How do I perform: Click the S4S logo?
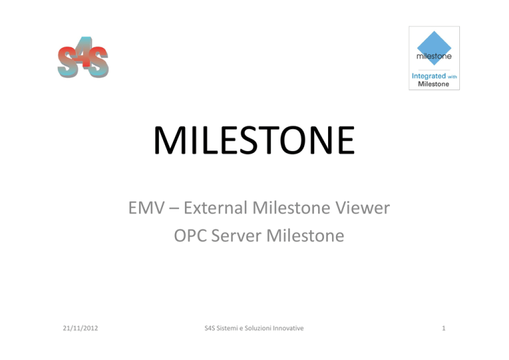tap(83, 58)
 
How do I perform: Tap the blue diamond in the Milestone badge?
tap(434, 48)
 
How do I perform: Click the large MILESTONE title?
tap(254, 141)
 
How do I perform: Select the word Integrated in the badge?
tap(429, 76)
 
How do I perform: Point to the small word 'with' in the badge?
tap(452, 77)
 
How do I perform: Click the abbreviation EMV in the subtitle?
tap(146, 208)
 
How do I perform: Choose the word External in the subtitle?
tap(215, 208)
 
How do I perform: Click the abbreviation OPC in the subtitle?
tap(190, 235)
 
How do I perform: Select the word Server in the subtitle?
tap(237, 235)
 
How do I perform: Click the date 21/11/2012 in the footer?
tap(80, 328)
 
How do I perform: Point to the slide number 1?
tap(444, 328)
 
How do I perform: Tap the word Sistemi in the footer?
tap(227, 328)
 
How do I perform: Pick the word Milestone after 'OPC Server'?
tap(305, 235)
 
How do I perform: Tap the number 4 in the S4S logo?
tap(85, 52)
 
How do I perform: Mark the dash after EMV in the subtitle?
tap(174, 208)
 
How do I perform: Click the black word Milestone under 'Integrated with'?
tap(433, 84)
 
